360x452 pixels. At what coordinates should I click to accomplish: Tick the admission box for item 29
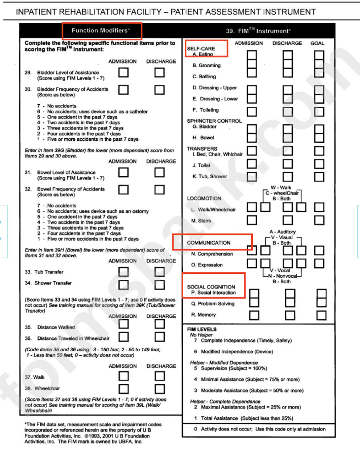[x=124, y=73]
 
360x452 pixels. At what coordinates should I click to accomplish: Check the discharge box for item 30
[x=160, y=90]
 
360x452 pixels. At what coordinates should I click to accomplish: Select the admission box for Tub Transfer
[x=124, y=272]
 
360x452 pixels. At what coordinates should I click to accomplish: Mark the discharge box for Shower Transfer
[x=160, y=285]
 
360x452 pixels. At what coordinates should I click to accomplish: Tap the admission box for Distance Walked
[x=124, y=326]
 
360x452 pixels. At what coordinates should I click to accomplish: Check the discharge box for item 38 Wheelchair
[x=160, y=388]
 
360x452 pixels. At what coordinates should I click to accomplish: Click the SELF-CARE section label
[x=201, y=48]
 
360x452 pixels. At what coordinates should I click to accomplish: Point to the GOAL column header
[x=317, y=43]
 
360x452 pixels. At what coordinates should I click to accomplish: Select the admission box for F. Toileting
[x=252, y=111]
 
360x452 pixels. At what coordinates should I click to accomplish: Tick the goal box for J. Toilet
[x=319, y=163]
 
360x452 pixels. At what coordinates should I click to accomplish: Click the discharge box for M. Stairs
[x=288, y=220]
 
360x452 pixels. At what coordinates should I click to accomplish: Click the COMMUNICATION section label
[x=209, y=243]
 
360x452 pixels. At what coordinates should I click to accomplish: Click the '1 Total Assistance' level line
[x=244, y=418]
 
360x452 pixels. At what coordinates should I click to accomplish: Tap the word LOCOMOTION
[x=204, y=198]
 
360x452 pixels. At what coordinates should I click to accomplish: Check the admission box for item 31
[x=124, y=172]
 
